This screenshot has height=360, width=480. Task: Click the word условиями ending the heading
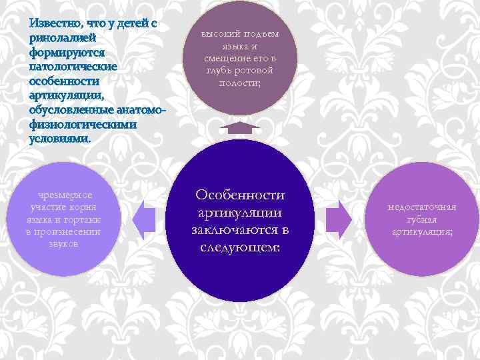click(x=59, y=139)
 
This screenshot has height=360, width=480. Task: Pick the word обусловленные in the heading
click(x=71, y=110)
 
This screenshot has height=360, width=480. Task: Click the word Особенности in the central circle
click(x=240, y=195)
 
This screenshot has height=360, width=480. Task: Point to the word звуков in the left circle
click(x=64, y=243)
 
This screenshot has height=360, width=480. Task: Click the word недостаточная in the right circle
click(x=422, y=207)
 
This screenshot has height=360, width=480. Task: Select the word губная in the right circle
click(x=422, y=219)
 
